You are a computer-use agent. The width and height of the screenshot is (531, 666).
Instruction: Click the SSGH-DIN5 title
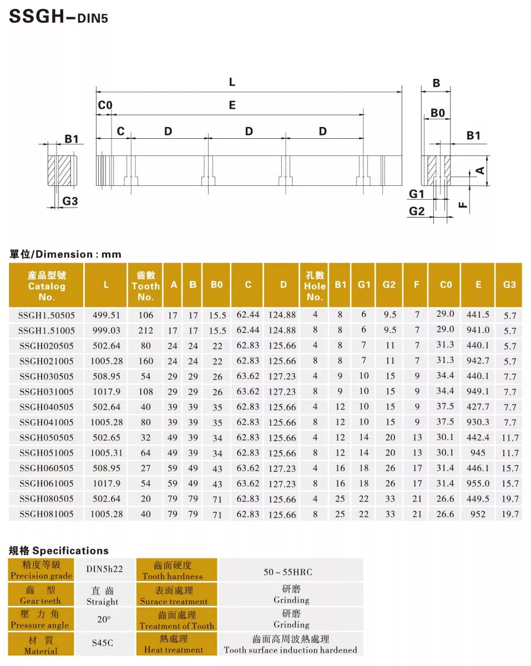(58, 17)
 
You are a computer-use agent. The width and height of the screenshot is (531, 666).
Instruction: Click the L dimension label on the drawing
(232, 82)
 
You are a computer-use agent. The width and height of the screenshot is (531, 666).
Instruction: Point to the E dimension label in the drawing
(232, 105)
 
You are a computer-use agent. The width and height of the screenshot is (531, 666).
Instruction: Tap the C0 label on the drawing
(105, 105)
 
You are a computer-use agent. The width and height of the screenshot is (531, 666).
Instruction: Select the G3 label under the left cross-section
(70, 201)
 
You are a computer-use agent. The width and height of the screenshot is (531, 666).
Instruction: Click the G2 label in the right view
(417, 211)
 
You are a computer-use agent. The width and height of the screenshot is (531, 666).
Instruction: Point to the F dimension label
(464, 206)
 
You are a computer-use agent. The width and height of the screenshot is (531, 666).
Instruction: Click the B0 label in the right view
(438, 113)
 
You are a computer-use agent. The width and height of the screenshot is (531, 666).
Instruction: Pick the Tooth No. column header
(145, 285)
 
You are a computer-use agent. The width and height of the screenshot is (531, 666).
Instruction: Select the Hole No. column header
(315, 285)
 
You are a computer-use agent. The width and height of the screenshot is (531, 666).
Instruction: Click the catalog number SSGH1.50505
(47, 315)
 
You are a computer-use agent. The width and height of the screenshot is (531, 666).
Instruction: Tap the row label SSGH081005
(47, 514)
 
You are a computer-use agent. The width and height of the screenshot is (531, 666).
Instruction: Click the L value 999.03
(105, 330)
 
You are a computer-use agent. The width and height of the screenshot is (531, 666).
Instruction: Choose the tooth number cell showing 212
(145, 330)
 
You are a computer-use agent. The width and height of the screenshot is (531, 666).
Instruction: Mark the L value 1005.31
(105, 453)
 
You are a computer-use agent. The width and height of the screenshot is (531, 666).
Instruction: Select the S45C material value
(103, 643)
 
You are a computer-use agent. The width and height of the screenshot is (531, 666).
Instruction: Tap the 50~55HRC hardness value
(291, 572)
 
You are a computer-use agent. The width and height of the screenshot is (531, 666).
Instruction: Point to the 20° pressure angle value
(103, 619)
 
